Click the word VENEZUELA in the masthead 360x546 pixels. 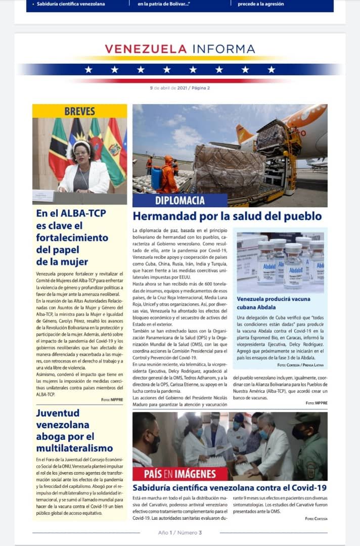point(146,49)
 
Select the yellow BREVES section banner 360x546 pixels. point(79,111)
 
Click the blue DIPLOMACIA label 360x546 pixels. point(179,201)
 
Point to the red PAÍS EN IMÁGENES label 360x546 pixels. point(181,474)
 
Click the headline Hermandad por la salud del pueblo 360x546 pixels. point(227,216)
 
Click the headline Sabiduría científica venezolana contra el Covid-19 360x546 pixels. point(229,488)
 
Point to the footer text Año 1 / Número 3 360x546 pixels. point(180,532)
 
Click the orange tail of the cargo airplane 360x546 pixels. point(244,135)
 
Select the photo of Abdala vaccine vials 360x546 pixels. point(280,262)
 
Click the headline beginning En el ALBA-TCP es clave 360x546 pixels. point(72,237)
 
